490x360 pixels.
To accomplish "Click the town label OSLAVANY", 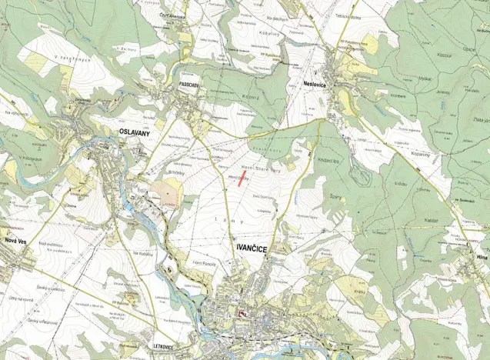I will (134, 132).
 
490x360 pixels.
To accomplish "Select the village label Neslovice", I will (311, 67).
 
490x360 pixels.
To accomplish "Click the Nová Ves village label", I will (16, 242).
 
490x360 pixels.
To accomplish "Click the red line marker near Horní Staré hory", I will (242, 182).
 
